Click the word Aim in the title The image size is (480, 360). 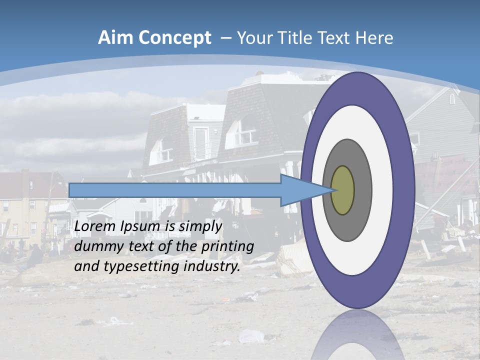tap(116, 38)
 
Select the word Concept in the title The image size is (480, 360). tap(174, 38)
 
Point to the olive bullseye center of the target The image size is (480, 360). tap(342, 190)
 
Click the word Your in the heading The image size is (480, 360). tap(255, 38)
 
